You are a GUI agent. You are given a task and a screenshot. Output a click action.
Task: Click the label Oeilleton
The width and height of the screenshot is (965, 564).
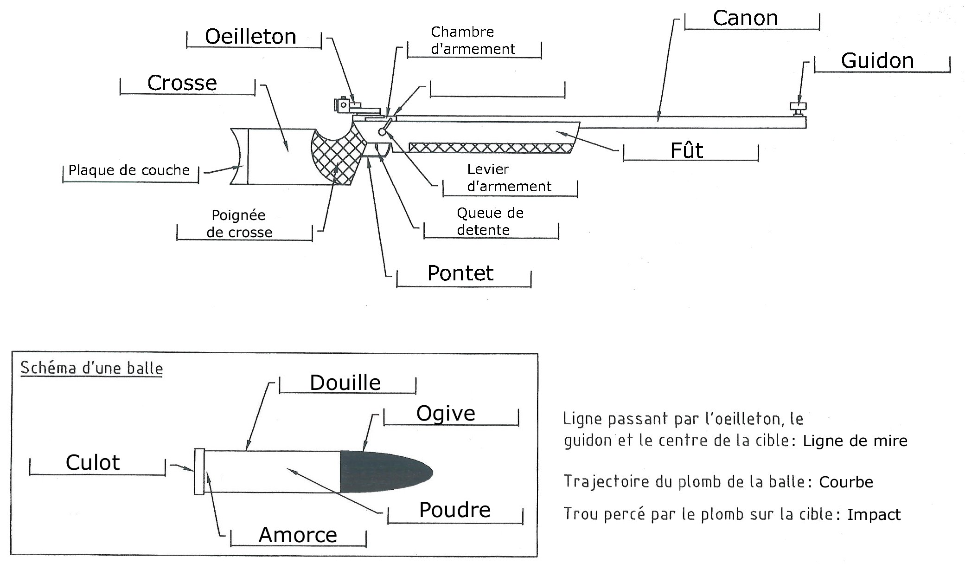(250, 37)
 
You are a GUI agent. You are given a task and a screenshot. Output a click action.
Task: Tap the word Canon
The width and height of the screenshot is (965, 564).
(745, 19)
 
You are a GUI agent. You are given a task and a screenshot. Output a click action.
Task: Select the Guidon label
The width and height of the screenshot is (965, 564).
(877, 61)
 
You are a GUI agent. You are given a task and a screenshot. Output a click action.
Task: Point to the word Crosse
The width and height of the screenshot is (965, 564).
(182, 83)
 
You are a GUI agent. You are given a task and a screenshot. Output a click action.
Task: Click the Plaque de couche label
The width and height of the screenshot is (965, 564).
(129, 170)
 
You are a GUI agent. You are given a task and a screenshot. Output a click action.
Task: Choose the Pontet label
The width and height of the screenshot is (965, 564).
(460, 273)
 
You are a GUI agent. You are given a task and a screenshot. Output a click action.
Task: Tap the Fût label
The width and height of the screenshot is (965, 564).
(687, 150)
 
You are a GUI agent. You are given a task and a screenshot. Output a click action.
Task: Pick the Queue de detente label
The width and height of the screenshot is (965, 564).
(490, 221)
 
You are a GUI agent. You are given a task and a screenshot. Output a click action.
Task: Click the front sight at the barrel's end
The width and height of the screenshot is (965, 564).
(798, 109)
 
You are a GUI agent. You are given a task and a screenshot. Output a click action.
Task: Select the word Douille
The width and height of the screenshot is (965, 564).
(345, 383)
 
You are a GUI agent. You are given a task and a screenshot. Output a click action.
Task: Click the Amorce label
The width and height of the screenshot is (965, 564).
(298, 535)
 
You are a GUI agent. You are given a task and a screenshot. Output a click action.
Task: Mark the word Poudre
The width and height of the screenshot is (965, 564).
(454, 510)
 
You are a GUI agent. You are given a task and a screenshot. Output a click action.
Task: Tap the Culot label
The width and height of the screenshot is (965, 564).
(93, 462)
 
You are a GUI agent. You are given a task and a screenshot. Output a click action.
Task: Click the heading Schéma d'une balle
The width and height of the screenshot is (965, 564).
(92, 368)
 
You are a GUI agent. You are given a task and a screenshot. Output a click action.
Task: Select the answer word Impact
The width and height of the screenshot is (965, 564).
(874, 514)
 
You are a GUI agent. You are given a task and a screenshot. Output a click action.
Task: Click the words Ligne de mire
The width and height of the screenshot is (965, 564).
(855, 441)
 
